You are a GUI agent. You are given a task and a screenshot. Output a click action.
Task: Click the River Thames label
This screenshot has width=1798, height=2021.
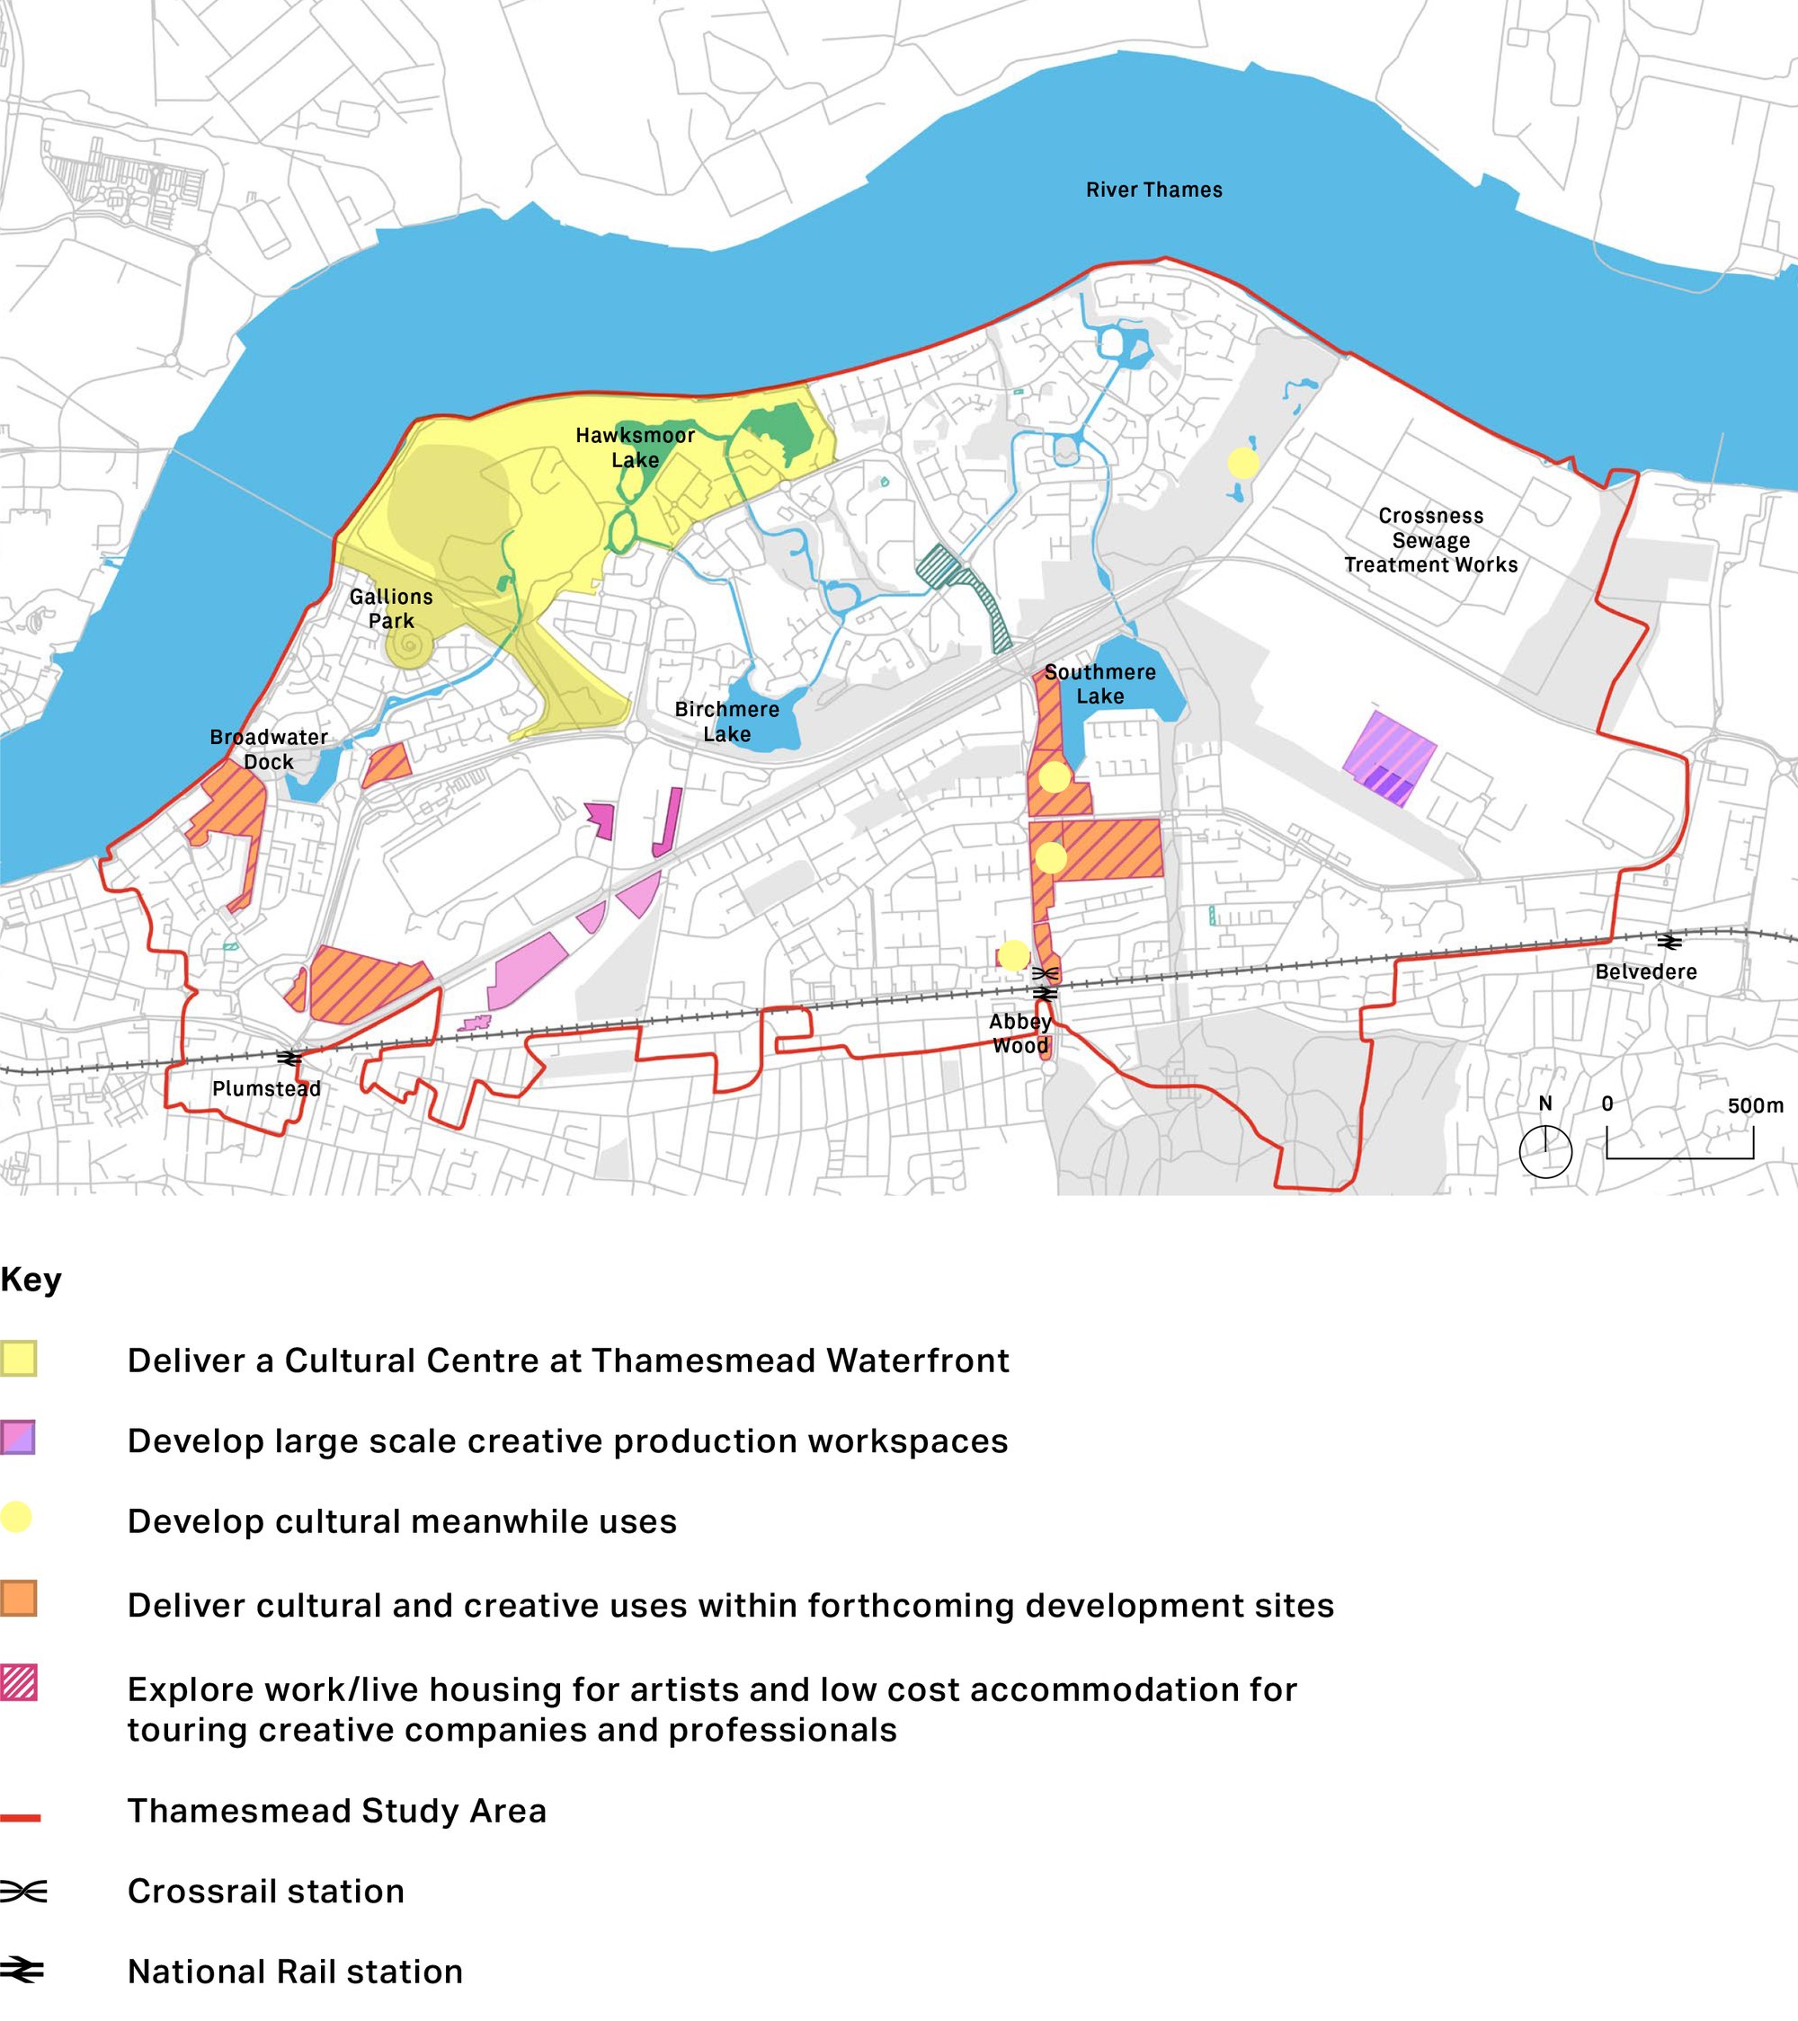point(1153,190)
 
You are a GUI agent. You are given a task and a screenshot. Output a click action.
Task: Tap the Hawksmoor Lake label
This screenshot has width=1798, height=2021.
point(635,447)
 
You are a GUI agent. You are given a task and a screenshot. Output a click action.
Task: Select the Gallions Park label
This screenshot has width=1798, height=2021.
point(391,608)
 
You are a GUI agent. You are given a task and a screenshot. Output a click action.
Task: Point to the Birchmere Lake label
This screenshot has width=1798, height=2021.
point(727,721)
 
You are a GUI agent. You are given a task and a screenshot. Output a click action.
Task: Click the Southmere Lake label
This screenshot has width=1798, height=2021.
point(1099,683)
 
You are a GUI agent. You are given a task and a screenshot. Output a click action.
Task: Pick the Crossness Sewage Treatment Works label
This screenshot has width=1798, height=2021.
point(1430,540)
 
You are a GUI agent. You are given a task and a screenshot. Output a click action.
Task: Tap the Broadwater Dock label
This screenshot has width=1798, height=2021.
point(268,749)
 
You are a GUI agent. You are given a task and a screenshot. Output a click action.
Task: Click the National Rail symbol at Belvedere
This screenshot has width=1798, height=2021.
point(1669,943)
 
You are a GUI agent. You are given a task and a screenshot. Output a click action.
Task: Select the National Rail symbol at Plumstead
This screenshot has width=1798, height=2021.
point(289,1058)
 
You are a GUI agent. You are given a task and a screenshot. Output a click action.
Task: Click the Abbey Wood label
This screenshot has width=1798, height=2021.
point(1019,1033)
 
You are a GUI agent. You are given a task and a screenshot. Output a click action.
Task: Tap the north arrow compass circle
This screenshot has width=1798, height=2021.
point(1544,1151)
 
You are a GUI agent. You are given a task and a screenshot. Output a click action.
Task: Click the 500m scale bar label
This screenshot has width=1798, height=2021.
point(1756,1105)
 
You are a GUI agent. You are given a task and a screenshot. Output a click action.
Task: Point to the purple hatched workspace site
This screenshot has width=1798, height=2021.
point(1390,758)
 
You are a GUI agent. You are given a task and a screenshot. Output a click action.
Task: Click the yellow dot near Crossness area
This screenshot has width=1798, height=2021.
point(1243,462)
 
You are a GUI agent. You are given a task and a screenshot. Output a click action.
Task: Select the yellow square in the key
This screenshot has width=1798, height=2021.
point(19,1359)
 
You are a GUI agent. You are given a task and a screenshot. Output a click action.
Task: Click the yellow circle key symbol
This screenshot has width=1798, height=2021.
point(17,1517)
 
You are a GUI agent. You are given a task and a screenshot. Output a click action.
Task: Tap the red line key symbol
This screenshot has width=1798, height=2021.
point(20,1817)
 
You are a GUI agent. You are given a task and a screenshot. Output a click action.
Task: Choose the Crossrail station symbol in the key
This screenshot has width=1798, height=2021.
point(22,1892)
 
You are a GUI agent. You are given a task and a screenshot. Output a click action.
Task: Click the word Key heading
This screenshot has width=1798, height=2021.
point(31,1280)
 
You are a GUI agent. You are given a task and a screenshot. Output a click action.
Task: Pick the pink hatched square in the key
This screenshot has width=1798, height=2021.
point(19,1683)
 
